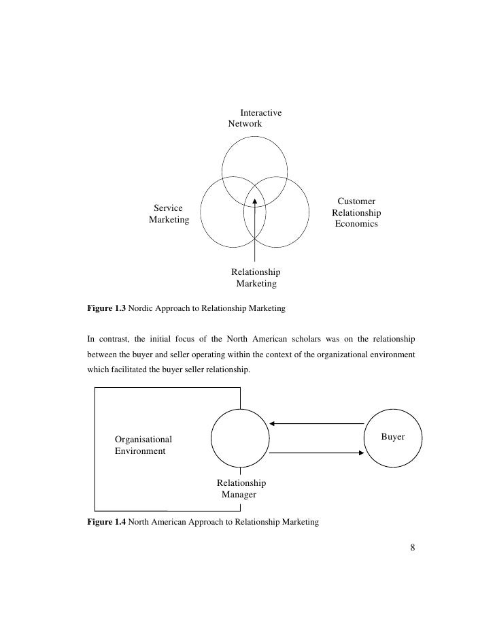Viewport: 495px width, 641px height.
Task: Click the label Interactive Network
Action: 253,118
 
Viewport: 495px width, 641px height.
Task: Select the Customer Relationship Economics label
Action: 356,212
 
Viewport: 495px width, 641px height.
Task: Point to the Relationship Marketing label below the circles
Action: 256,278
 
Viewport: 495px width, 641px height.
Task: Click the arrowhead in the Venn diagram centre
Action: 255,201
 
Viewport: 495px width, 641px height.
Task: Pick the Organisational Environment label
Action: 143,444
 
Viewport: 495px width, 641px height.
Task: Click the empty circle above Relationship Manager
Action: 240,438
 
